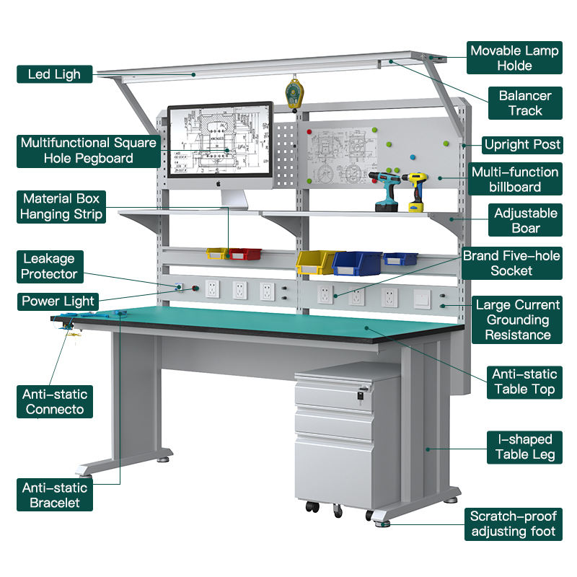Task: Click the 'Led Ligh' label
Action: (54, 74)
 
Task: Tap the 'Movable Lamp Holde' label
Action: (514, 58)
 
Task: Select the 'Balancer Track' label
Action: (525, 102)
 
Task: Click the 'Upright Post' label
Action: (522, 144)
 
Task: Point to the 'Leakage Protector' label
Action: (48, 265)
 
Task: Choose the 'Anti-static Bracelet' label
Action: (55, 495)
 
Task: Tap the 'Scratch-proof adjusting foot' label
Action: (513, 524)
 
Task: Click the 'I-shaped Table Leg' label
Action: (524, 446)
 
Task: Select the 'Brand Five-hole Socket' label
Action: (511, 263)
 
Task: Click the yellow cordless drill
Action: (415, 190)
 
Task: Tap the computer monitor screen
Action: (220, 141)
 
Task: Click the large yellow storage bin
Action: (315, 262)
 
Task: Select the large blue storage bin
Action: (357, 263)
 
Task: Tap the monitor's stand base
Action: (232, 206)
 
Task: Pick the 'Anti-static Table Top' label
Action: (524, 382)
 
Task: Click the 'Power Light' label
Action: (58, 301)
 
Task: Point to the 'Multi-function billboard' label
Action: (515, 179)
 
